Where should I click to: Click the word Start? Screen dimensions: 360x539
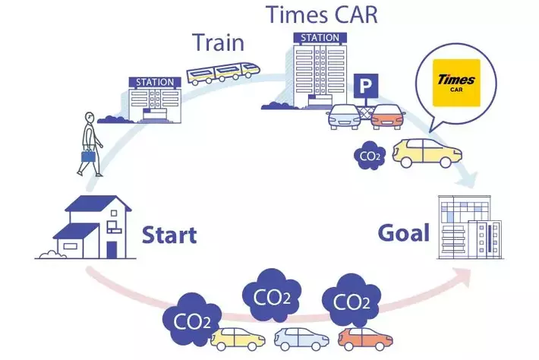coord(169,234)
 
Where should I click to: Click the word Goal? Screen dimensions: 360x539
coord(403,233)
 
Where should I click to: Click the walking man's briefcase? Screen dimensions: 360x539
coord(89,159)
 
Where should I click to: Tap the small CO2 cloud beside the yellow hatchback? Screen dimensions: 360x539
coord(370,156)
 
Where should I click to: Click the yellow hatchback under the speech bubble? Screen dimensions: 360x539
coord(427,153)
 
